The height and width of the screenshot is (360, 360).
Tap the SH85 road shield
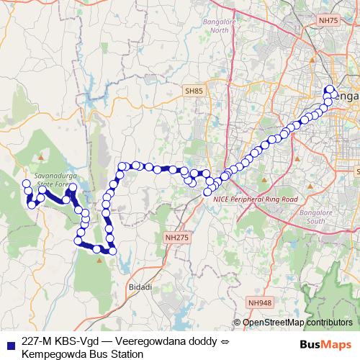194,91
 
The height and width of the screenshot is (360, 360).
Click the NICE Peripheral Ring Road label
260,199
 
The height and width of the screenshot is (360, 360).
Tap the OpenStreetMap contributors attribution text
297,323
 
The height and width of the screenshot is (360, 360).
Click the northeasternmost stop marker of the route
331,90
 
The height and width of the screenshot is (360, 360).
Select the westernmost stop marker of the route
27,184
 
